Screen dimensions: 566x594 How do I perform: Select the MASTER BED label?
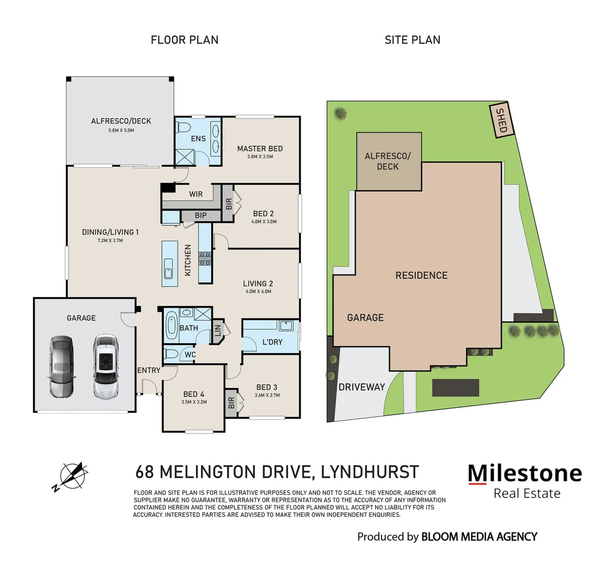[x=260, y=148]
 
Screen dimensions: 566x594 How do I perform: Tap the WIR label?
[x=196, y=194]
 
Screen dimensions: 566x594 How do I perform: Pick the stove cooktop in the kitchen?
[x=205, y=257]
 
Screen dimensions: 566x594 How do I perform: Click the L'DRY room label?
[x=272, y=342]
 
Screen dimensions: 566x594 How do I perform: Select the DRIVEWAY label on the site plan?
[x=361, y=387]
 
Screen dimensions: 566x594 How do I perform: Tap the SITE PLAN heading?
[x=412, y=40]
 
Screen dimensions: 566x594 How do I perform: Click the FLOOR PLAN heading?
[x=184, y=40]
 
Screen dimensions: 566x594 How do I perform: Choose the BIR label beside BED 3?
[x=231, y=402]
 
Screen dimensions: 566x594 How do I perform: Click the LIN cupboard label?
[x=217, y=332]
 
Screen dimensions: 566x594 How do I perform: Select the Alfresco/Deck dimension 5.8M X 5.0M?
[x=120, y=130]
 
